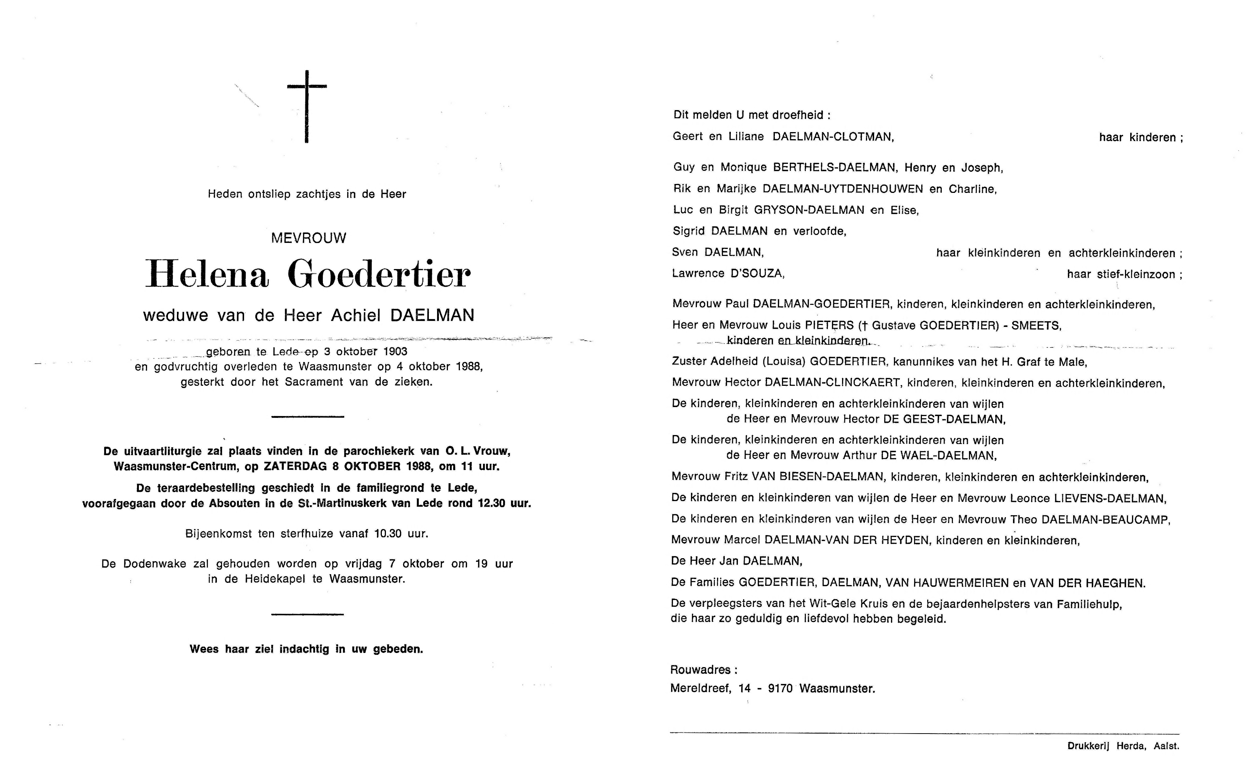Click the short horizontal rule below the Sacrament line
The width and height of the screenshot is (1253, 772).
click(x=308, y=417)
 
